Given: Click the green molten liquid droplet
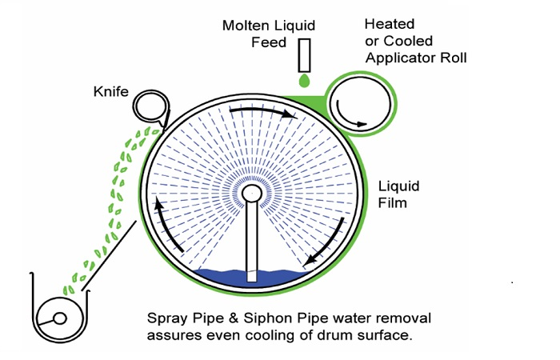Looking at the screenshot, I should point(304,82).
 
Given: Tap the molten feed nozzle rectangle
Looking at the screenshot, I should point(304,54).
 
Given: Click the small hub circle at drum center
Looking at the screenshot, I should point(251,194).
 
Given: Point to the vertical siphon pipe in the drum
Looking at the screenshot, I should point(252,240).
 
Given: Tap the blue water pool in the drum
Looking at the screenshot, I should point(216,278).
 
